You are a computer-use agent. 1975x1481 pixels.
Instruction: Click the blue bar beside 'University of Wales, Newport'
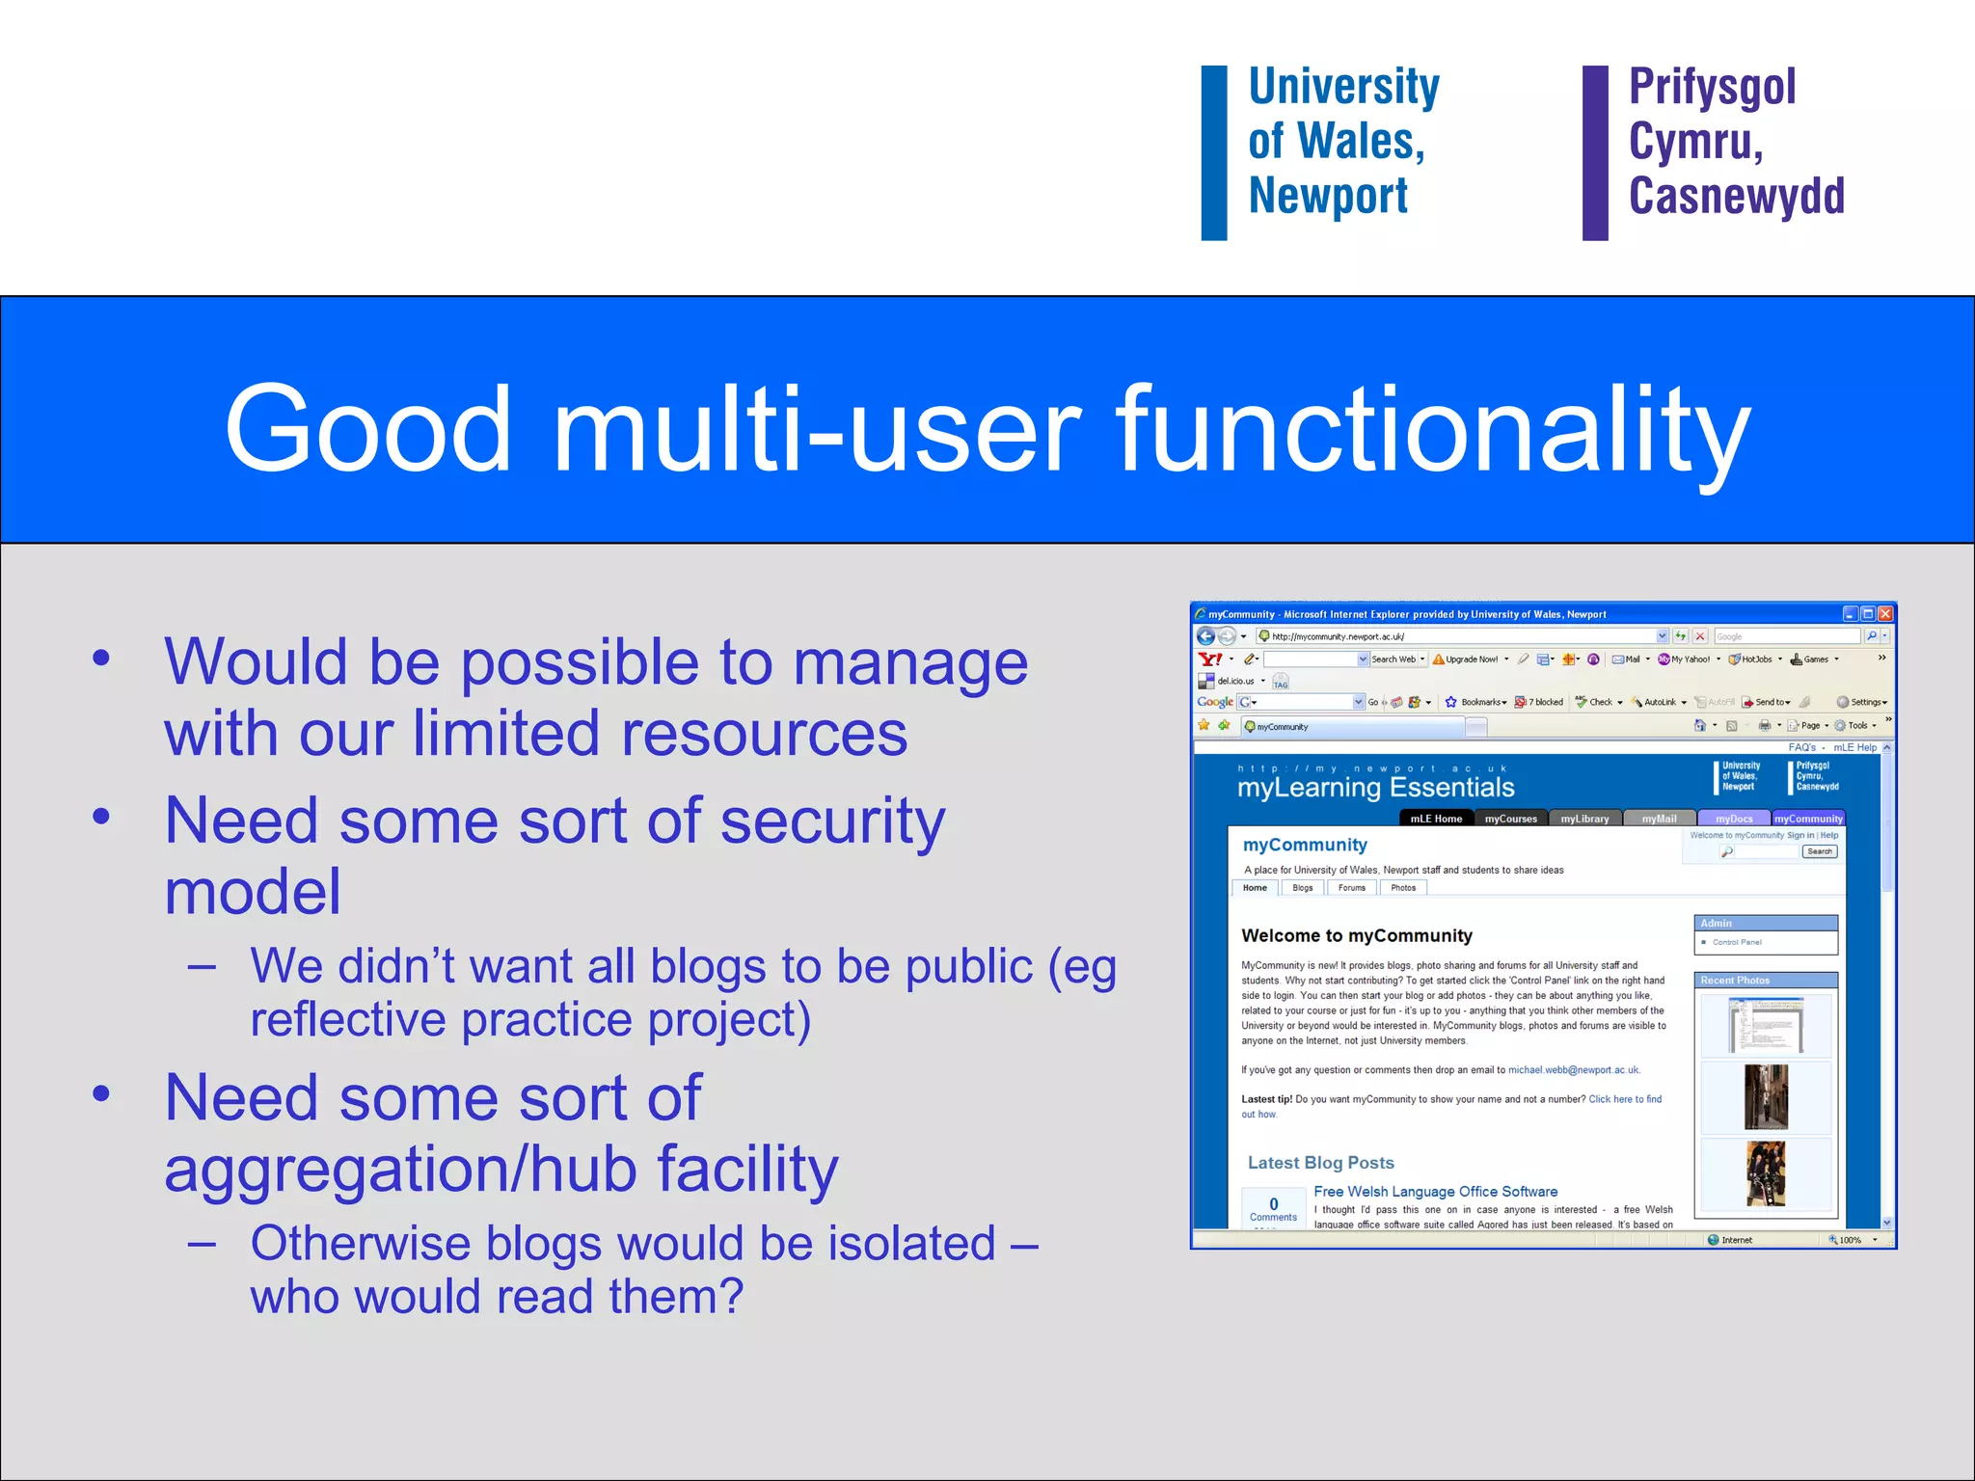click(1213, 152)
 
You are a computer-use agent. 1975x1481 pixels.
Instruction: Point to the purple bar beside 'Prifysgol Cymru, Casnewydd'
click(1595, 152)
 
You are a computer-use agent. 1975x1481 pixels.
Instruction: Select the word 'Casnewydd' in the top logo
click(1736, 196)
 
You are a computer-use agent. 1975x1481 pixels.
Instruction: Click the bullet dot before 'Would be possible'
click(101, 660)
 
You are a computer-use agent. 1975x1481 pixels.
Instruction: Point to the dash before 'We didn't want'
click(203, 966)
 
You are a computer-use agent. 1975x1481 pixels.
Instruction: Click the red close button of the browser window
click(1885, 614)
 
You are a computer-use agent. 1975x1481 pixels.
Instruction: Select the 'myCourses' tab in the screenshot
click(1510, 819)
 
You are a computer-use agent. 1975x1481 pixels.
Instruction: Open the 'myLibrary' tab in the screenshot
click(1584, 819)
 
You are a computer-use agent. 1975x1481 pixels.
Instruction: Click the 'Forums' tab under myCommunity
click(1351, 888)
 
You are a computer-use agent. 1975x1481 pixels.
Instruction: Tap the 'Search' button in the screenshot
click(1820, 851)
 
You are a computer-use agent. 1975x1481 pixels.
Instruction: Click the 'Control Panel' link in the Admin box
click(1737, 942)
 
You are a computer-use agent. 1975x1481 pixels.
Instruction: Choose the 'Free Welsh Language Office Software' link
click(1435, 1192)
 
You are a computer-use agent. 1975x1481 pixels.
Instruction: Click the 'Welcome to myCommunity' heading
click(1356, 935)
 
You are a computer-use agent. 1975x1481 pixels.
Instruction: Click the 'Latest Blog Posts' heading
click(1320, 1163)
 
